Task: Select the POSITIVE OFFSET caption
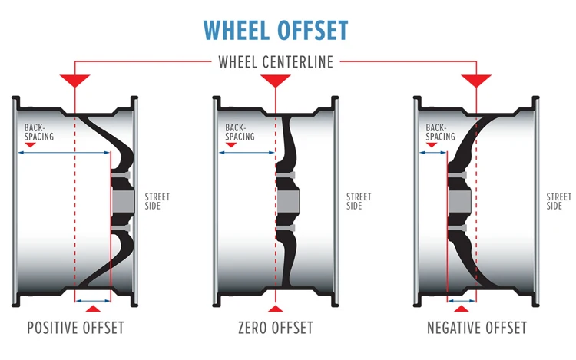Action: tap(75, 329)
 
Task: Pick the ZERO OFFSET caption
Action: tap(275, 329)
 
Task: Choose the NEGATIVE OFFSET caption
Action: tap(477, 329)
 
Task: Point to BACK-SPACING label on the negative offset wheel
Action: tap(440, 132)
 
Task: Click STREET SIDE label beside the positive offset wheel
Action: tap(157, 202)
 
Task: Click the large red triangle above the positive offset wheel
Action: tap(75, 80)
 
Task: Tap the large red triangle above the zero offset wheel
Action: tap(275, 80)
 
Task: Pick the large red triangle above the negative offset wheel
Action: tap(476, 80)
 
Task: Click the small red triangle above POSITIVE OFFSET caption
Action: tap(93, 309)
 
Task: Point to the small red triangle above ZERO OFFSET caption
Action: tap(275, 309)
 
